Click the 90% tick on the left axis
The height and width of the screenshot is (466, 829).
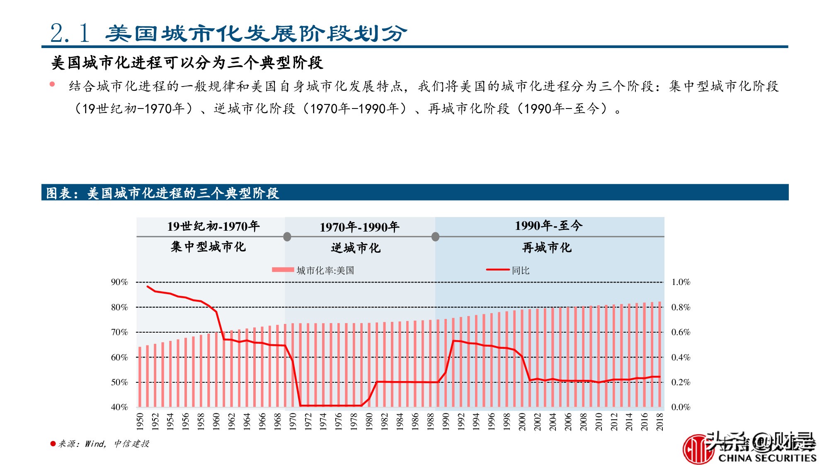(119, 282)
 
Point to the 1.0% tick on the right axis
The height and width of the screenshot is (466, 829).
(681, 282)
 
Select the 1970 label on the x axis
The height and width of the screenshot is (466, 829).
(293, 421)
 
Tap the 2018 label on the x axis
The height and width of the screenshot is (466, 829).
(659, 421)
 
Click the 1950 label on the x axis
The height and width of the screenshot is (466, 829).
(140, 421)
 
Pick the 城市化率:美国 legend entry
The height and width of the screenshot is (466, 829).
(313, 270)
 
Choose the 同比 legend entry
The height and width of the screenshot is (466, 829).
(508, 270)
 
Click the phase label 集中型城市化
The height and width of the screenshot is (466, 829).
(208, 247)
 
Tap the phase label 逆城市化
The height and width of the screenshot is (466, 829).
(356, 248)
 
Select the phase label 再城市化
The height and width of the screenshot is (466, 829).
(547, 248)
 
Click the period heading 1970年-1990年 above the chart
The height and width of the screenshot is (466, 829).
(359, 227)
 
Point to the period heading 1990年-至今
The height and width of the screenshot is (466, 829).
(548, 226)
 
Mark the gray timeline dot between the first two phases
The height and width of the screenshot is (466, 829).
(287, 237)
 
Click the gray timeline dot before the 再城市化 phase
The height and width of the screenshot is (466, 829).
(435, 237)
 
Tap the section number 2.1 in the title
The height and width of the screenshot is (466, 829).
(70, 33)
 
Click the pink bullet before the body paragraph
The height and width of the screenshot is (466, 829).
(52, 85)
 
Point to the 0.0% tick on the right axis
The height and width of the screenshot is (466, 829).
(681, 407)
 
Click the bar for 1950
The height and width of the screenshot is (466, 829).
(140, 377)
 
